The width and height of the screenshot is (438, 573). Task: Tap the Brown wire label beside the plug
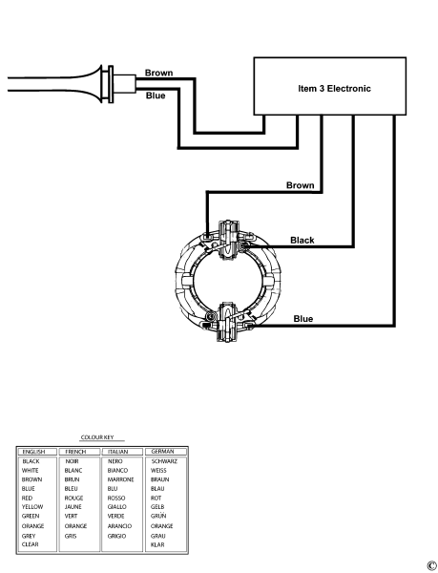tap(158, 73)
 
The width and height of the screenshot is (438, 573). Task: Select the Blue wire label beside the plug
tap(155, 95)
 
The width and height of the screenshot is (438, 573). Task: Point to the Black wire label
tap(302, 241)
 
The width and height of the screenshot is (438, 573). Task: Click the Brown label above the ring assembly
tap(301, 184)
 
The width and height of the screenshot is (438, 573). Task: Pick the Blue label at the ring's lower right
tap(303, 318)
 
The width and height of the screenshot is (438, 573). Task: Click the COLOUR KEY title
tap(99, 436)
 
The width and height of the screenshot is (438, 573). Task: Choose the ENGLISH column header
tap(33, 450)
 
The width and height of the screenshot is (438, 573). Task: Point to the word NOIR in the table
tap(73, 460)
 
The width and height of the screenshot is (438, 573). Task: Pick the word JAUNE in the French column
tap(73, 507)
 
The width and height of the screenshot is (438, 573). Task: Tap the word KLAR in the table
tap(158, 543)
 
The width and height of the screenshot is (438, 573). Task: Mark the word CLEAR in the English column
tap(31, 543)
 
